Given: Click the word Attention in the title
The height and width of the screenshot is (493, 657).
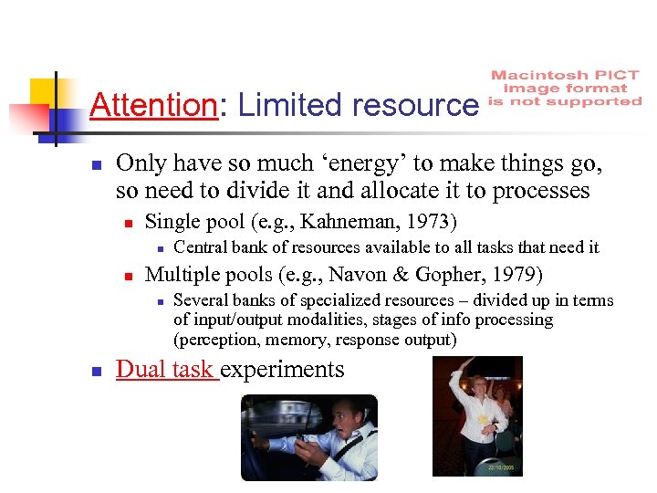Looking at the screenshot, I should pyautogui.click(x=153, y=105).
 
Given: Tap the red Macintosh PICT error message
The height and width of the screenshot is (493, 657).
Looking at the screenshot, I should pyautogui.click(x=566, y=89).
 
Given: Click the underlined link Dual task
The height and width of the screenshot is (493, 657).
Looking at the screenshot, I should pyautogui.click(x=166, y=369).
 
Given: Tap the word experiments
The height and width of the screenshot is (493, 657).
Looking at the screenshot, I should pyautogui.click(x=282, y=369).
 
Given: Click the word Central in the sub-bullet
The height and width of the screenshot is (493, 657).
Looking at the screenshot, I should pyautogui.click(x=200, y=247).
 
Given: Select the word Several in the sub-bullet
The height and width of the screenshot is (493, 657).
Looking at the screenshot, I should pyautogui.click(x=200, y=300).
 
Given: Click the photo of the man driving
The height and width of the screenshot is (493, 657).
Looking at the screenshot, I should pyautogui.click(x=308, y=437).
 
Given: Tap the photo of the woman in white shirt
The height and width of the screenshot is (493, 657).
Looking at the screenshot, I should pyautogui.click(x=477, y=416).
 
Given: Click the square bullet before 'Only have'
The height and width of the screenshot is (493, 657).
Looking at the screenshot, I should pyautogui.click(x=94, y=165).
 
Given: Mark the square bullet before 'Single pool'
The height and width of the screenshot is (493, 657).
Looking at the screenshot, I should pyautogui.click(x=130, y=222).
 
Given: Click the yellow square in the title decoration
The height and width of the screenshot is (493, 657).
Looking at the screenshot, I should pyautogui.click(x=43, y=92).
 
